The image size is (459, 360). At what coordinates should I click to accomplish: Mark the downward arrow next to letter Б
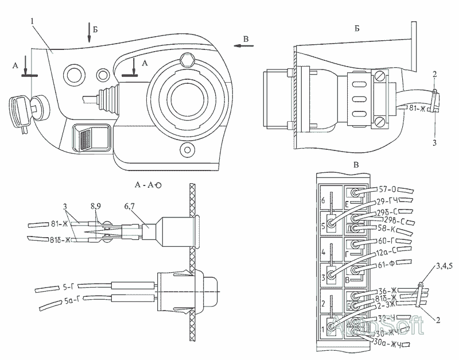point(90,32)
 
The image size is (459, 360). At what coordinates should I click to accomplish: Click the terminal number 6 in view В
point(324,200)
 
